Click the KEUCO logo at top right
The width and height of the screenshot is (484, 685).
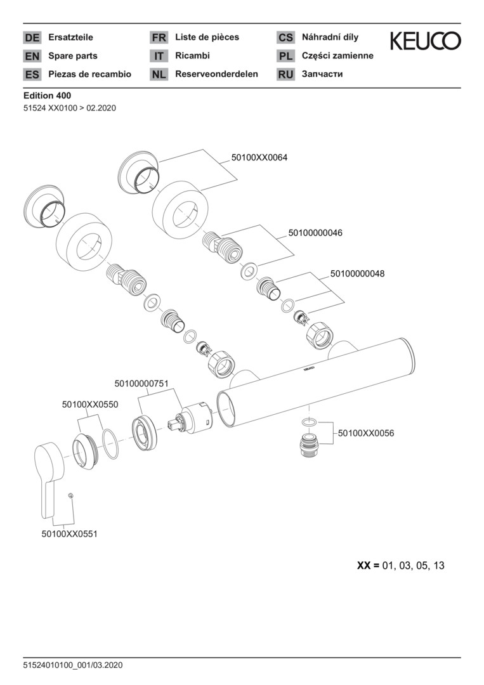pos(425,41)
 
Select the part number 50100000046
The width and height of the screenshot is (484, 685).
pos(315,233)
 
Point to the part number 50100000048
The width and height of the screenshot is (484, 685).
pos(357,274)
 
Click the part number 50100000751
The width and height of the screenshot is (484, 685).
pos(141,383)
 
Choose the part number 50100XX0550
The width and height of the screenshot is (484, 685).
pos(90,404)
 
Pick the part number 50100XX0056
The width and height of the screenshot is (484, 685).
pos(366,433)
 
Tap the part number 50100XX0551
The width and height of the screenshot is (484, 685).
pos(70,534)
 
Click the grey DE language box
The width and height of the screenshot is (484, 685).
pos(32,38)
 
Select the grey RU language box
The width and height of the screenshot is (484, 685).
pos(285,75)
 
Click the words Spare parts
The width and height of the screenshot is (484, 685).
pos(73,56)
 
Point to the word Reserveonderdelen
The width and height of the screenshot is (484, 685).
pos(216,74)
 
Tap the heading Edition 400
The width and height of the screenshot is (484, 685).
pos(47,96)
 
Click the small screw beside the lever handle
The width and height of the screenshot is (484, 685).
pos(72,495)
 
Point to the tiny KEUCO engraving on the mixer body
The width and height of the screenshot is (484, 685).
pos(307,367)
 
